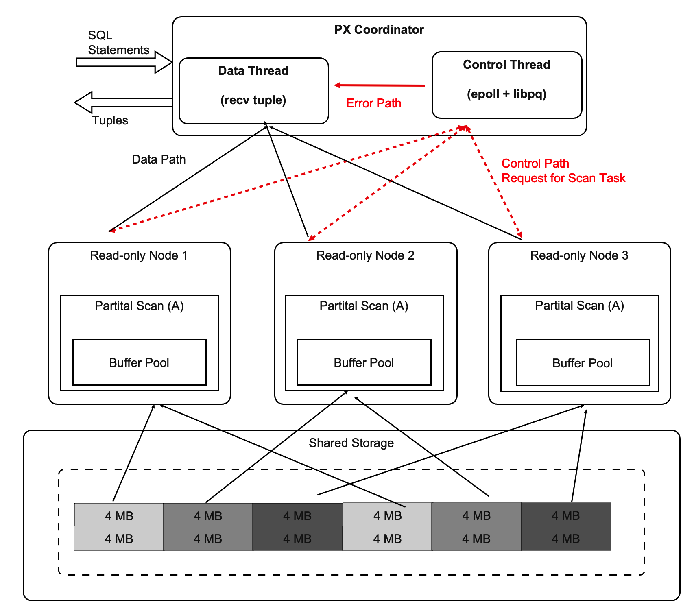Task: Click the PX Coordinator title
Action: click(x=379, y=30)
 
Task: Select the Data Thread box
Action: click(x=253, y=90)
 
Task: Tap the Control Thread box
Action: click(x=506, y=85)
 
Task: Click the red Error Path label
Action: click(x=373, y=103)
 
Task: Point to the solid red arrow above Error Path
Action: click(x=379, y=85)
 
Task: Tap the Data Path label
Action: click(x=159, y=159)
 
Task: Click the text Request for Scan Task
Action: click(x=563, y=178)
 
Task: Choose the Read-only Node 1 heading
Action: click(x=139, y=255)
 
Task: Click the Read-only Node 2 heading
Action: click(x=365, y=255)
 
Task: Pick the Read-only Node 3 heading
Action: click(x=579, y=255)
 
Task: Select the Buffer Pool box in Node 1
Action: click(x=139, y=362)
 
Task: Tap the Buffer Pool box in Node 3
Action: click(x=582, y=362)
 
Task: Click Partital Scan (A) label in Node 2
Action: click(x=364, y=306)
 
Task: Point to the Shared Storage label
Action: click(x=351, y=443)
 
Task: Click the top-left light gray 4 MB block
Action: click(x=119, y=515)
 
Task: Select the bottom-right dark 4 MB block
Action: click(x=565, y=539)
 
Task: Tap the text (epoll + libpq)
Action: click(x=506, y=94)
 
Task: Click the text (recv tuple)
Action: click(x=253, y=100)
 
